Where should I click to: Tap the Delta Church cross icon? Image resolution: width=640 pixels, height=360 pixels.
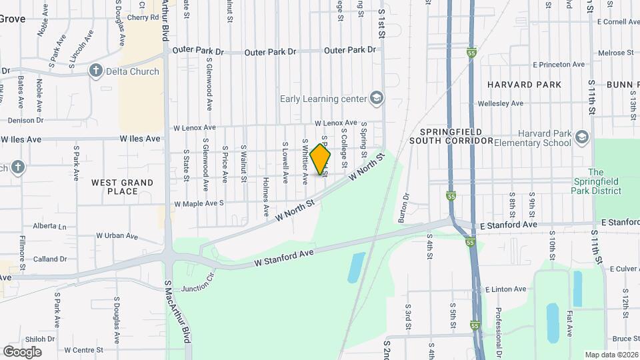(x=96, y=71)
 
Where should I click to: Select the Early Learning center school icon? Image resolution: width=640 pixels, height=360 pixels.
(x=377, y=99)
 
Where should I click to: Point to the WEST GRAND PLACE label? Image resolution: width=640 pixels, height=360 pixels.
(x=123, y=187)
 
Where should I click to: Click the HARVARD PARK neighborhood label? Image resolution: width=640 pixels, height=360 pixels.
(x=524, y=85)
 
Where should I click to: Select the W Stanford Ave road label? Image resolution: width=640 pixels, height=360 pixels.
(x=283, y=259)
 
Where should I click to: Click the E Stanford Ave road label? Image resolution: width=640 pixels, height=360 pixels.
(x=509, y=225)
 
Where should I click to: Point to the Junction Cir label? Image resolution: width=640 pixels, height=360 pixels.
(x=199, y=279)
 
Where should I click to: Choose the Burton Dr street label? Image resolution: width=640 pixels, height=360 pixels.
(x=404, y=207)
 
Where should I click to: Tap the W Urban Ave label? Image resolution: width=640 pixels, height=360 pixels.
(x=116, y=236)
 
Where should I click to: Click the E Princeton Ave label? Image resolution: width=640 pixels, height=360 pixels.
(x=559, y=65)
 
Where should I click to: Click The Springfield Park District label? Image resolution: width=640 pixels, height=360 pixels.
(x=605, y=181)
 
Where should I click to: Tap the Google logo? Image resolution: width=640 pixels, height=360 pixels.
(x=22, y=351)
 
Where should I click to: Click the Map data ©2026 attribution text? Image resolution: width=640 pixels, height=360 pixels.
(x=611, y=354)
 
